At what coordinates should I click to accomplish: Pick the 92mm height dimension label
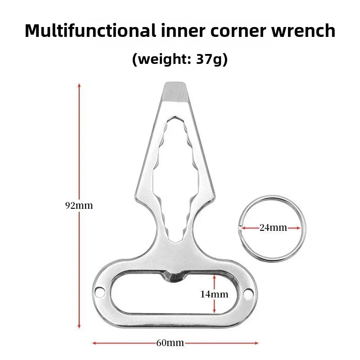click(x=80, y=206)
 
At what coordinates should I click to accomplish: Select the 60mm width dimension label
click(x=170, y=343)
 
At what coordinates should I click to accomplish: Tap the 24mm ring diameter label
click(x=273, y=228)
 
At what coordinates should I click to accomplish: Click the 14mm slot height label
click(x=214, y=294)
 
